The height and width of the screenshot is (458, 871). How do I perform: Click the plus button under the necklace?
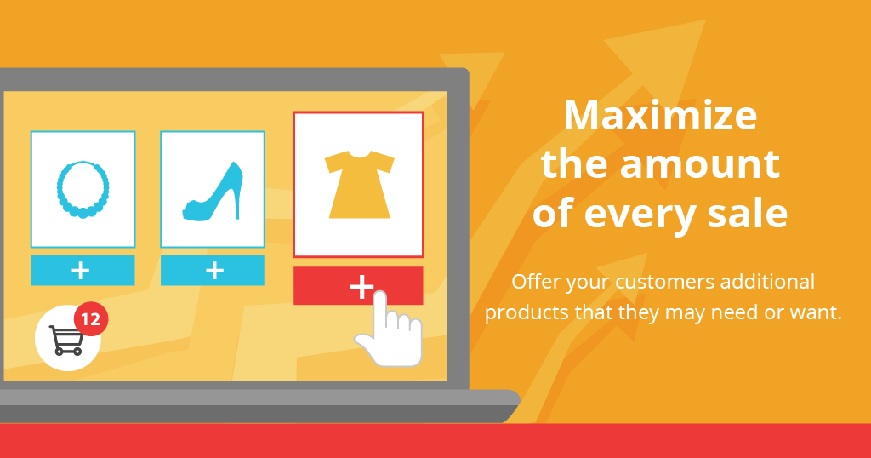(83, 271)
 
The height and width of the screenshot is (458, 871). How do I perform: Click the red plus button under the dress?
(358, 286)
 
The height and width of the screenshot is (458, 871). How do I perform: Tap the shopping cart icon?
(66, 340)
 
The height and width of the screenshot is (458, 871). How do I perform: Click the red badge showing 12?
(90, 319)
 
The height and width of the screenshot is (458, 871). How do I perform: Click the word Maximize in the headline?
(660, 116)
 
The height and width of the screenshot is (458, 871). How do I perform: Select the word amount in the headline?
(700, 165)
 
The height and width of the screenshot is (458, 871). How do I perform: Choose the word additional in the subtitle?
(767, 281)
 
